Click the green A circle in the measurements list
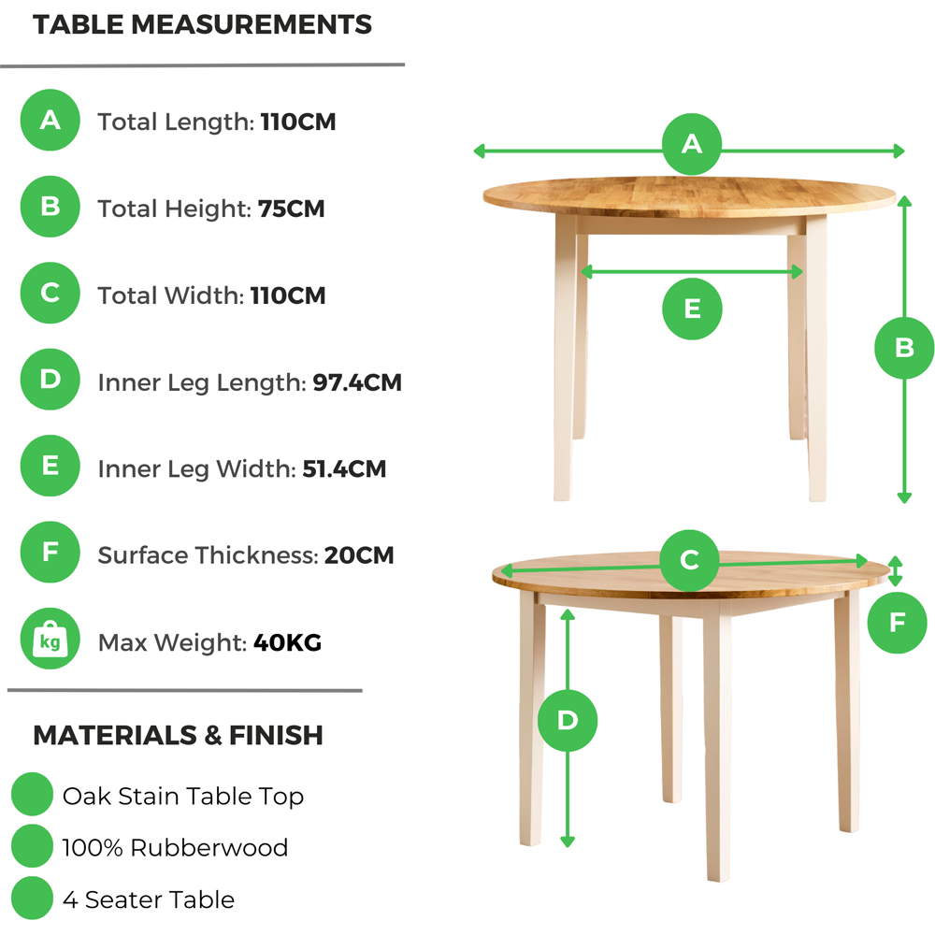point(50,121)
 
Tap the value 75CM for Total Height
point(291,209)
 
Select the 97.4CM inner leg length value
point(356,382)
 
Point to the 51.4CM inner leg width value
point(344,469)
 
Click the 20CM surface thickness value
point(359,555)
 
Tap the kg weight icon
point(50,642)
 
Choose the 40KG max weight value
point(287,642)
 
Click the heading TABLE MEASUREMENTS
point(202,25)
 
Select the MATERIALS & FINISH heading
point(178,735)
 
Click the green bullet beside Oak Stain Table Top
point(33,796)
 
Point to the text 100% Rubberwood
point(175,848)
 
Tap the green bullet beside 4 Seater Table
point(33,899)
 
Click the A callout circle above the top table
point(692,144)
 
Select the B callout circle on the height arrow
point(904,348)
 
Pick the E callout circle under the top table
point(692,309)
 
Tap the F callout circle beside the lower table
point(897,622)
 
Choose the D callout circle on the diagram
point(568,721)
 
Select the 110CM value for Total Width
point(288,295)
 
